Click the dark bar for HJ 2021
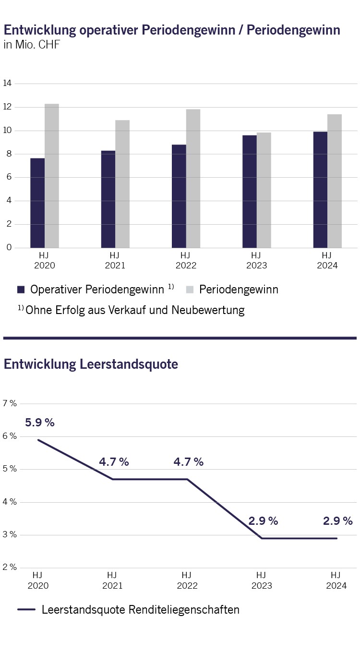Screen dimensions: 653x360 (108, 199)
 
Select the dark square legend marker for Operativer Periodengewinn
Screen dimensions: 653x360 (21, 290)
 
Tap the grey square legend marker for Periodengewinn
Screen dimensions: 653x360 (190, 290)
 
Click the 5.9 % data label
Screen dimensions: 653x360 (39, 423)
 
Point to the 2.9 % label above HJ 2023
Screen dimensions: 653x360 (263, 521)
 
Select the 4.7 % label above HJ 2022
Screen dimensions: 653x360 (188, 462)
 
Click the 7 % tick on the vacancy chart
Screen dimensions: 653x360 (10, 403)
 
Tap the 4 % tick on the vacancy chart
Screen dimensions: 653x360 (10, 502)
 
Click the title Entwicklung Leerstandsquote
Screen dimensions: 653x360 (91, 364)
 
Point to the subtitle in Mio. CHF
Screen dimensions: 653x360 (31, 46)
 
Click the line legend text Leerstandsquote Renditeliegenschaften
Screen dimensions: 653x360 (140, 610)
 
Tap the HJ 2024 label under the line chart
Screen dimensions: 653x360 (336, 580)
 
